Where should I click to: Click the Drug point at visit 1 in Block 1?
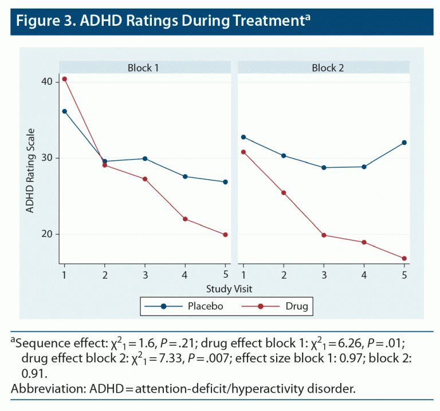(65, 79)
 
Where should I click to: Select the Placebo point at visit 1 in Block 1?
(65, 112)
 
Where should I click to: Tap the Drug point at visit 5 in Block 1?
(225, 235)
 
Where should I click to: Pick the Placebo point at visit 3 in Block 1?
(145, 159)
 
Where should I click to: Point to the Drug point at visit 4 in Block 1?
(185, 219)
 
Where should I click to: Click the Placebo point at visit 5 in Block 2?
(404, 143)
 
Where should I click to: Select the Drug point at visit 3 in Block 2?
(324, 235)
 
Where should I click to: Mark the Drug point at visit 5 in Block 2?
(404, 259)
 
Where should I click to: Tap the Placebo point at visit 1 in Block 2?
(243, 137)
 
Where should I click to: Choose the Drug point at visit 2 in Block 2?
(284, 193)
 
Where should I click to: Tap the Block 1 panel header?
(143, 68)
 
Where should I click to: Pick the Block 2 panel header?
(328, 68)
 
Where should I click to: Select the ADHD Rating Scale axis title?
(29, 172)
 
